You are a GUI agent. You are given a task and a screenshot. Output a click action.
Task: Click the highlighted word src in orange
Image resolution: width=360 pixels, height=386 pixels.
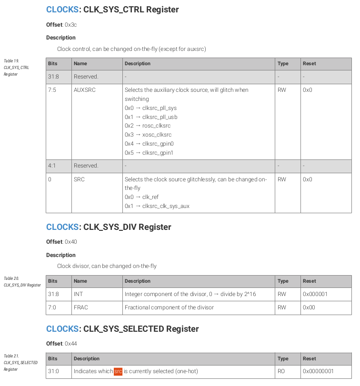pyautogui.click(x=118, y=371)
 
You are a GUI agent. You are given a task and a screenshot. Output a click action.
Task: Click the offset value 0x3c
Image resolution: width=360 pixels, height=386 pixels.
pyautogui.click(x=70, y=24)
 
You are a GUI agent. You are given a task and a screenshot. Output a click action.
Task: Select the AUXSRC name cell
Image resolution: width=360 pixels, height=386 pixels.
pyautogui.click(x=84, y=90)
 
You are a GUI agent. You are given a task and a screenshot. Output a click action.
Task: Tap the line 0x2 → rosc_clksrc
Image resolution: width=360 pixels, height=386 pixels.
pyautogui.click(x=147, y=126)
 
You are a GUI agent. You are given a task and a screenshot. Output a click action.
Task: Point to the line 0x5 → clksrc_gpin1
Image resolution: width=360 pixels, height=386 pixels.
pyautogui.click(x=149, y=153)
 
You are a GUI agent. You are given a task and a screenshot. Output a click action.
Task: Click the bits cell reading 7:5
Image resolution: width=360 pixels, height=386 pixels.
pyautogui.click(x=52, y=90)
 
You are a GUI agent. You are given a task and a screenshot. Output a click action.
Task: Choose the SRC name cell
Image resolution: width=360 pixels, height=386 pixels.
pyautogui.click(x=79, y=179)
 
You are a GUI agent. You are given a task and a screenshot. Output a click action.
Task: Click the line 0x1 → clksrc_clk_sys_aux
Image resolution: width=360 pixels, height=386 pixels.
pyautogui.click(x=157, y=206)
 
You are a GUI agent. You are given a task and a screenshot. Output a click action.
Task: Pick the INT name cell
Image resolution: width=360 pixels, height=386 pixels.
pyautogui.click(x=78, y=294)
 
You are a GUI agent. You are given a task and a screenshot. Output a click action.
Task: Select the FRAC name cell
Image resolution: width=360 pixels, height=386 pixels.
pyautogui.click(x=80, y=307)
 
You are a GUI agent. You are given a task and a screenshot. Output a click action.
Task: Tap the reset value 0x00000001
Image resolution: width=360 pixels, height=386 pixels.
pyautogui.click(x=318, y=371)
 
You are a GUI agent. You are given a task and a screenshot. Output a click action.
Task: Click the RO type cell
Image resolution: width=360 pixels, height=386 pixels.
pyautogui.click(x=281, y=371)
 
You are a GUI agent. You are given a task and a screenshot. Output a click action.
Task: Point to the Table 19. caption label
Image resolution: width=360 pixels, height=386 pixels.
pyautogui.click(x=11, y=61)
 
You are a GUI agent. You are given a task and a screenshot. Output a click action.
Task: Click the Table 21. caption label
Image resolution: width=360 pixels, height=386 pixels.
pyautogui.click(x=11, y=356)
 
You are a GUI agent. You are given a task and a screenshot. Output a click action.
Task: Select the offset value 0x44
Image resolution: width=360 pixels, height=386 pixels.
pyautogui.click(x=70, y=344)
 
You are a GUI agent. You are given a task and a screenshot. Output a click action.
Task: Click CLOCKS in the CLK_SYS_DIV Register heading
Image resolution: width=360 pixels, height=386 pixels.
pyautogui.click(x=62, y=227)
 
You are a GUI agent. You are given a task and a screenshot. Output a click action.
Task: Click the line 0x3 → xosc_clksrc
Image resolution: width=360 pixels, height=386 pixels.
pyautogui.click(x=148, y=135)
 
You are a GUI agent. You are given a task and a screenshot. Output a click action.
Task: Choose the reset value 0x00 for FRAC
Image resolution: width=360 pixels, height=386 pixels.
pyautogui.click(x=309, y=307)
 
